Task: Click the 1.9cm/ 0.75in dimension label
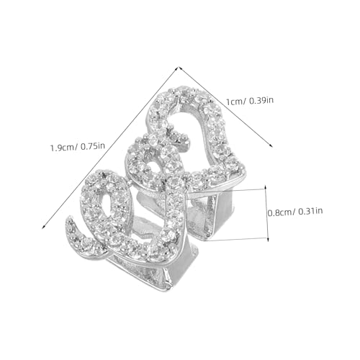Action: (x=77, y=146)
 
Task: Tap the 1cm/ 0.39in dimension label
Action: (x=250, y=101)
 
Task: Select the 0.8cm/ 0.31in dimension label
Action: (x=295, y=212)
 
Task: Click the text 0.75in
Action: (x=93, y=146)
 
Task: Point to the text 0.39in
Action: (x=261, y=100)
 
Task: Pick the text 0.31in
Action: (x=310, y=212)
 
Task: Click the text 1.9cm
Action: (x=63, y=147)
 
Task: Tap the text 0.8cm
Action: (x=281, y=212)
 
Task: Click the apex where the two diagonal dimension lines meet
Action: (x=179, y=68)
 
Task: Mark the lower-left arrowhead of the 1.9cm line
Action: (x=43, y=228)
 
